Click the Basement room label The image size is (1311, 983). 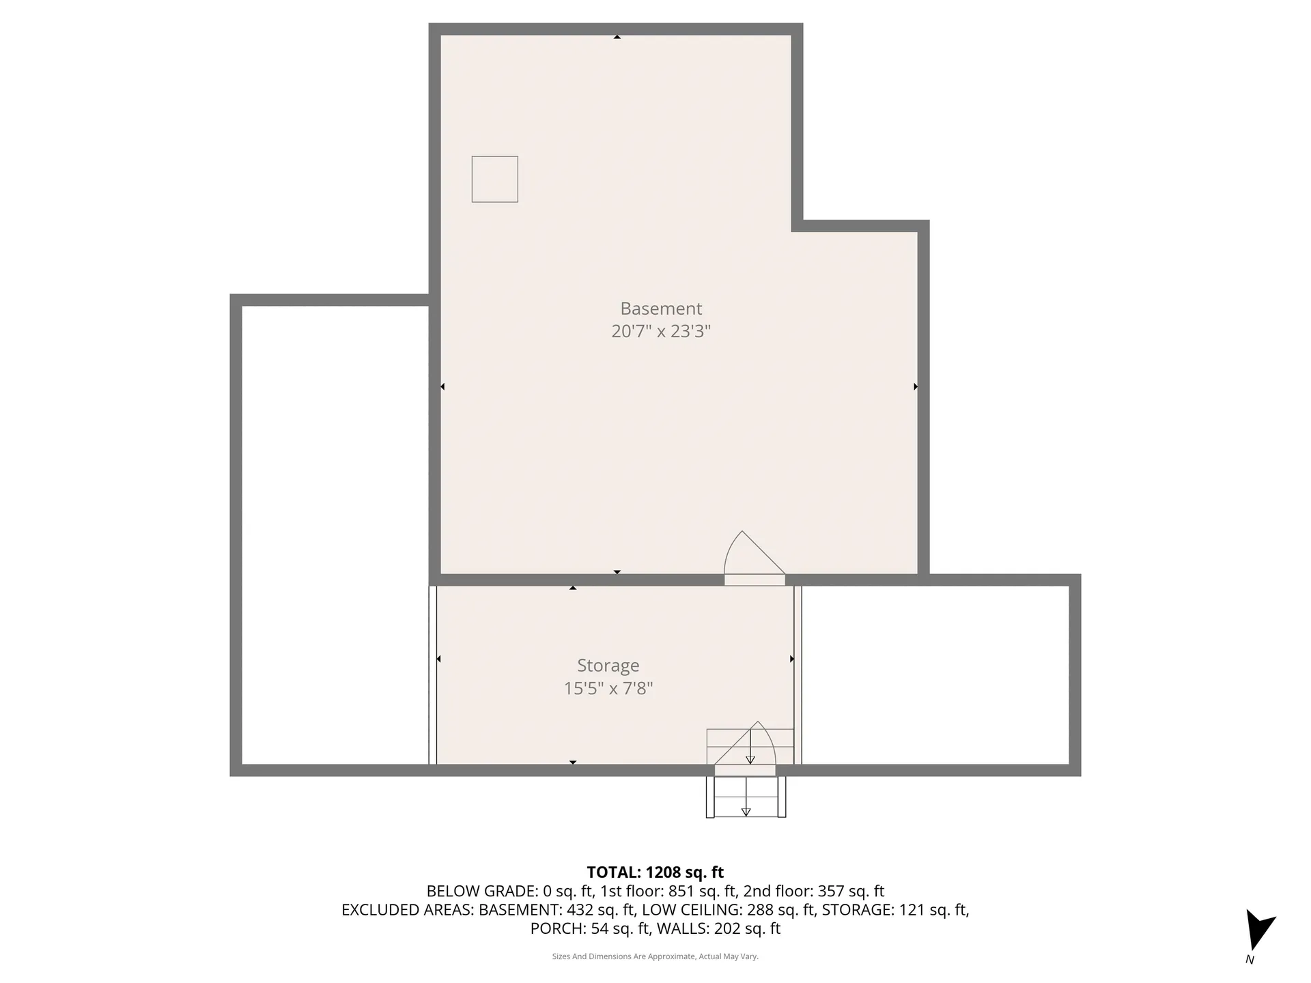[x=660, y=309]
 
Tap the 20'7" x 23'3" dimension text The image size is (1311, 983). [x=660, y=331]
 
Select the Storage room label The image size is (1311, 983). [x=608, y=666]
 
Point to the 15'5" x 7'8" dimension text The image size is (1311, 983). [x=608, y=688]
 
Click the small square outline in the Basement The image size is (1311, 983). [x=494, y=179]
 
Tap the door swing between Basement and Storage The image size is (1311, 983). [x=751, y=556]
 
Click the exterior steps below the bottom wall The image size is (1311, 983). [x=746, y=797]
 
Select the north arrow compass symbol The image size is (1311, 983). [x=1258, y=928]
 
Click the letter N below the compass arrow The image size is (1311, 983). [x=1250, y=960]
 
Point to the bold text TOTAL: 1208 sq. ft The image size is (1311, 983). [x=655, y=872]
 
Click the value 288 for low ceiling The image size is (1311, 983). [x=760, y=910]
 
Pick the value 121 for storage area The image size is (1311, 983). [x=913, y=910]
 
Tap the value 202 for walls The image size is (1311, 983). [x=728, y=929]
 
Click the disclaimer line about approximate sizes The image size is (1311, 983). [x=655, y=957]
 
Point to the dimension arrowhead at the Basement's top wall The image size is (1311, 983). [x=617, y=37]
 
